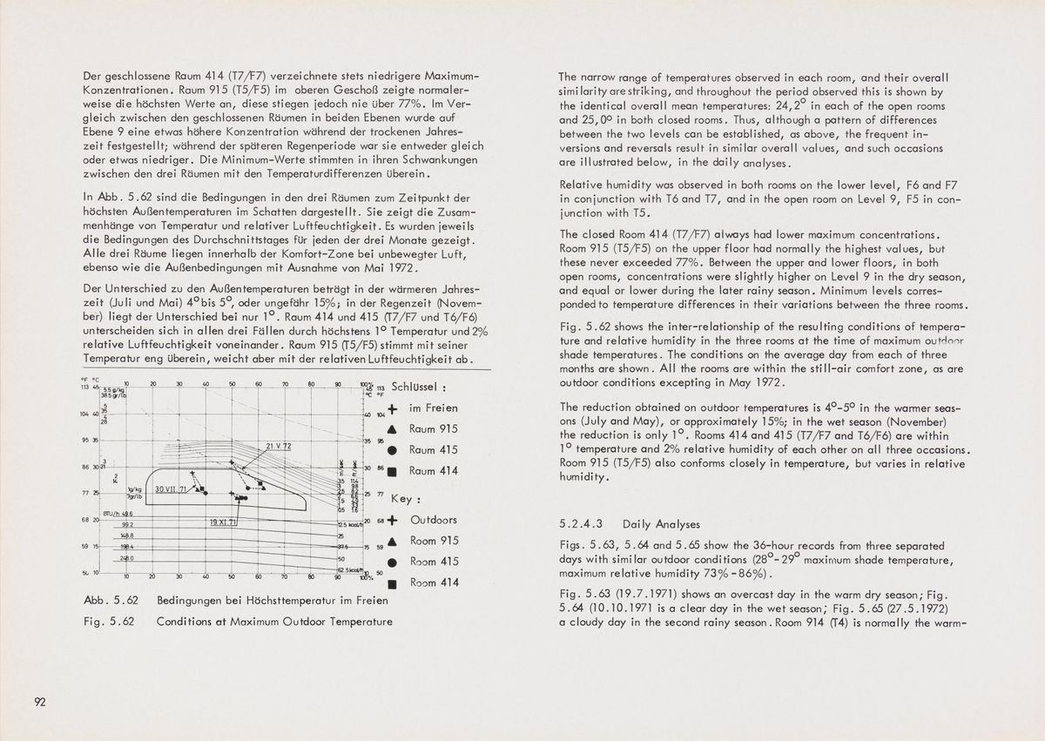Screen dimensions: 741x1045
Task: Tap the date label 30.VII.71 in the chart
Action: pyautogui.click(x=171, y=491)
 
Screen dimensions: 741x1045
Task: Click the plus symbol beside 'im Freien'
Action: pyautogui.click(x=393, y=408)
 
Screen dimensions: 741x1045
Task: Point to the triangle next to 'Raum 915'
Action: pyautogui.click(x=393, y=429)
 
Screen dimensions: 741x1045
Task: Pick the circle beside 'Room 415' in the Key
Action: pyautogui.click(x=393, y=562)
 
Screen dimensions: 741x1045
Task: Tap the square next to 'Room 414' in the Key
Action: pyautogui.click(x=393, y=583)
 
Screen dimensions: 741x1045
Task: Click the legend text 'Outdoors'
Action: pyautogui.click(x=433, y=520)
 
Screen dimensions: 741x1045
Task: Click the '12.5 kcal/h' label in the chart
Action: pyautogui.click(x=347, y=522)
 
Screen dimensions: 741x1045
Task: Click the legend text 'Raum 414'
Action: pyautogui.click(x=432, y=471)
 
